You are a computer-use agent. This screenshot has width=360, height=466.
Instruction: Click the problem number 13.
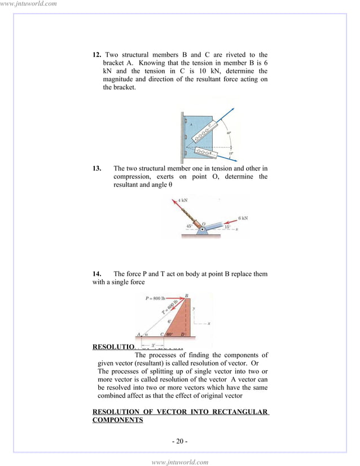click(97, 168)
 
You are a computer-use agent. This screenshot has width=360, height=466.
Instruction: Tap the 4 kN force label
click(182, 200)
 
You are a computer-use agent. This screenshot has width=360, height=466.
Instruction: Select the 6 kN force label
click(243, 218)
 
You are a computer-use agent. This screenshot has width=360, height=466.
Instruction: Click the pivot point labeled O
click(201, 228)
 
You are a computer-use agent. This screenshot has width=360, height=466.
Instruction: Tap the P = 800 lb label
click(155, 297)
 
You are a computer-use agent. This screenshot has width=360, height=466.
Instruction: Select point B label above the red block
click(187, 294)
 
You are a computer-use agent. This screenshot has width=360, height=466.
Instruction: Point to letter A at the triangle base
click(139, 334)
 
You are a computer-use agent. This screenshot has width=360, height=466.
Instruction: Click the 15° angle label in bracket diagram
click(230, 153)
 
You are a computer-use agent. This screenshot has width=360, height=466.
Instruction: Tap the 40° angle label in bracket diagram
click(229, 133)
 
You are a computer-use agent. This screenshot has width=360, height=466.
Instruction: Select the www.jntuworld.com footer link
click(180, 462)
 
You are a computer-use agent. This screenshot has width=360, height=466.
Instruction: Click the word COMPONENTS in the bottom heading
click(117, 420)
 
